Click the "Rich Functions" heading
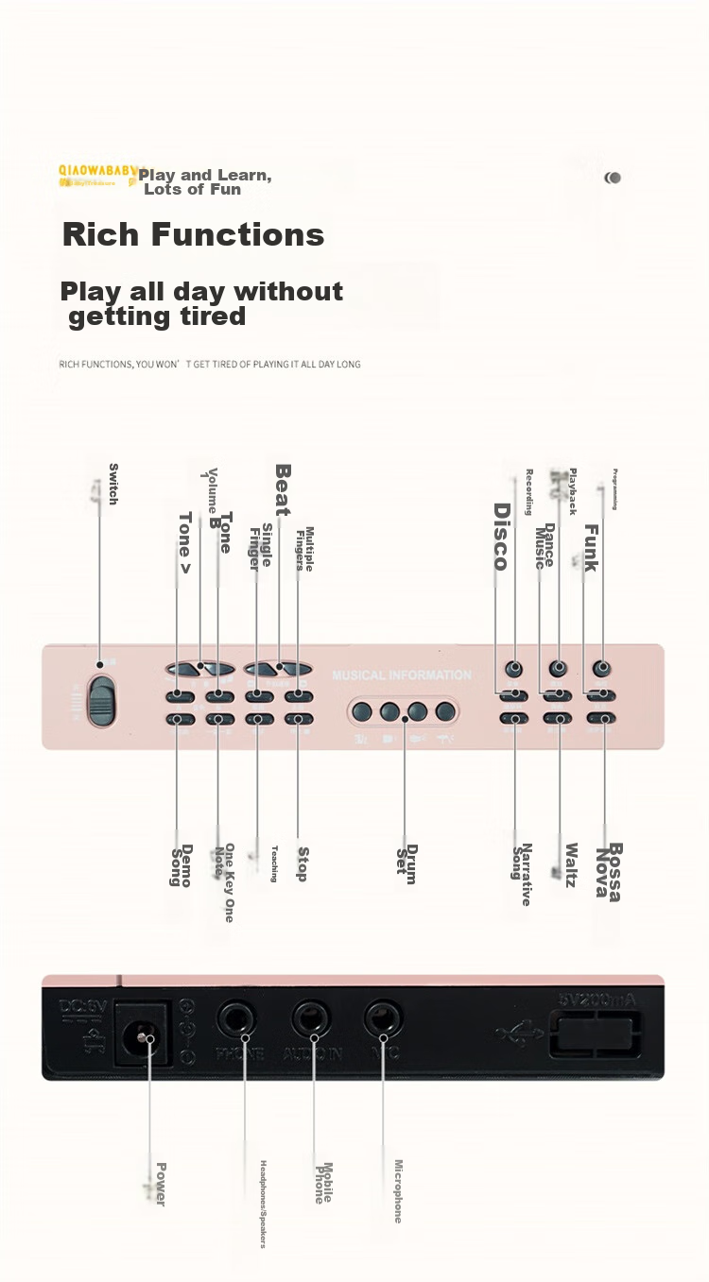193,234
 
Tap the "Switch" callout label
113,484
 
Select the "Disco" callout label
502,537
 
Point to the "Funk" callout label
591,548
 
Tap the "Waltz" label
571,864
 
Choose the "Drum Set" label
406,864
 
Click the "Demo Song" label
181,865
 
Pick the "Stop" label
303,863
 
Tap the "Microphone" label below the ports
398,1190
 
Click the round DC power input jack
143,1036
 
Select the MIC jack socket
382,1018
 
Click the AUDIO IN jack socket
310,1018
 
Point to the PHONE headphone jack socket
237,1019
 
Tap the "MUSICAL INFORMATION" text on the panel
401,675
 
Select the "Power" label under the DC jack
161,1184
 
